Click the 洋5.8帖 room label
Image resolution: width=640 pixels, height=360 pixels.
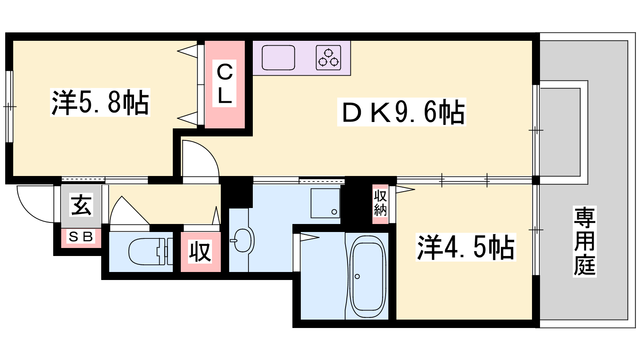coord(100,102)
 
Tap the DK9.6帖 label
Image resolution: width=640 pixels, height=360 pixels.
coord(402,112)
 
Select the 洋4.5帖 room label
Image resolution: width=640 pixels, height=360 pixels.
coord(466,247)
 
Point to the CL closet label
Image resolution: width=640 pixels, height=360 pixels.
coord(224,84)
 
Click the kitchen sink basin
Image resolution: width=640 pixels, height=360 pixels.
coord(278,58)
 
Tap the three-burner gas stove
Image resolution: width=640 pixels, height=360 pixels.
coord(328,58)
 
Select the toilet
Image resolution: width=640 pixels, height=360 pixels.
coord(150,252)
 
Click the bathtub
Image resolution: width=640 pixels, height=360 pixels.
coord(368,276)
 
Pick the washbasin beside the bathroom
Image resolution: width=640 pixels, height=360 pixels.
coord(242,240)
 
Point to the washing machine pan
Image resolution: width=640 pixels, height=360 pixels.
coord(325,203)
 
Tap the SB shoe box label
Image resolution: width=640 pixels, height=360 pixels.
coord(81,237)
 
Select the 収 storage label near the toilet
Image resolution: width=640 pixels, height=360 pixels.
coord(200,252)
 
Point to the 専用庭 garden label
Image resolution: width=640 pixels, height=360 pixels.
coord(584,242)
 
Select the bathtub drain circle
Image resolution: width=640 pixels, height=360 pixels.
coord(357,276)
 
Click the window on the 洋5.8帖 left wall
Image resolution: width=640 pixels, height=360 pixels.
coord(10,106)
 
